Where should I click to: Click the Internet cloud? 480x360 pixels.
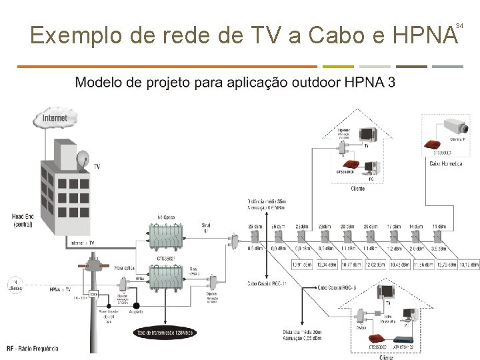55,120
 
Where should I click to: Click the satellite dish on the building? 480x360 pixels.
83,160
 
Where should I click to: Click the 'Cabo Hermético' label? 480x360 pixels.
445,163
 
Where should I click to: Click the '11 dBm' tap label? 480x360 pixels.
439,227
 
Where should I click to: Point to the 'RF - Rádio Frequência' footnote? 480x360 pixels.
32,349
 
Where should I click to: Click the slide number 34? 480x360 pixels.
459,25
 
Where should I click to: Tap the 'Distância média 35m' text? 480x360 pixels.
267,201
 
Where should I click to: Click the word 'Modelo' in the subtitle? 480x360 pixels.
99,83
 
